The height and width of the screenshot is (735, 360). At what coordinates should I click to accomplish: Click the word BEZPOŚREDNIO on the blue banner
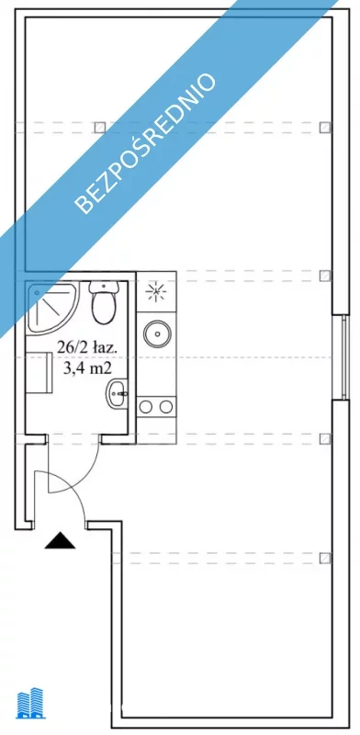[146, 143]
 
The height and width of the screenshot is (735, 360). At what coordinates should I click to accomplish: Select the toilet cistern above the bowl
[103, 288]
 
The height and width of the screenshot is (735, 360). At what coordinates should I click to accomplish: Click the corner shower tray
[52, 307]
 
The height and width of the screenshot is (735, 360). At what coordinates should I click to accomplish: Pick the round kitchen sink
[157, 334]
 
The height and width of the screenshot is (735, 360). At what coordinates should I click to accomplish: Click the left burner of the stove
[146, 407]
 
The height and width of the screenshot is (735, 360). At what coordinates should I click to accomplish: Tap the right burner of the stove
[166, 407]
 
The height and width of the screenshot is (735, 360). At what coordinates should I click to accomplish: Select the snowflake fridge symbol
[156, 292]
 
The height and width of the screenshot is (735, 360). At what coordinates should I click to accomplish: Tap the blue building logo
[31, 703]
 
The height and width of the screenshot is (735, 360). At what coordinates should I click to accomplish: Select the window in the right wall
[344, 356]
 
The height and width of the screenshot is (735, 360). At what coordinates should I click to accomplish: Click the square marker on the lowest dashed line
[325, 558]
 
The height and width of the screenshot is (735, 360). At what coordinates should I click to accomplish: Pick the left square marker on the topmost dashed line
[99, 127]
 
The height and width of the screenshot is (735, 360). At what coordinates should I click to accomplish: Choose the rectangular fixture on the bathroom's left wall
[39, 373]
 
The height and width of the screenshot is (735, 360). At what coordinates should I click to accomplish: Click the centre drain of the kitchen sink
[157, 334]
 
